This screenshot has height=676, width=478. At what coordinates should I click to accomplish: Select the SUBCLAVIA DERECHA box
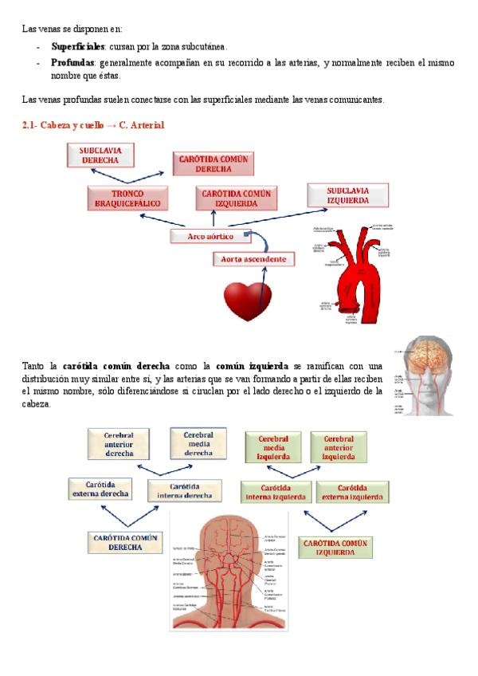(100, 155)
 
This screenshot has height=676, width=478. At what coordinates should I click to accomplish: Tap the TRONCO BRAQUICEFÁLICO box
(127, 198)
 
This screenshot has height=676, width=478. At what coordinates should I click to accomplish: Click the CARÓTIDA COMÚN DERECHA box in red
(214, 164)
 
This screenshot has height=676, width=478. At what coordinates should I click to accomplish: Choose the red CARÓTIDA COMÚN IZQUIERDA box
(237, 198)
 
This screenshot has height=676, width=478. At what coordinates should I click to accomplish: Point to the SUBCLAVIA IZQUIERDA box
(348, 195)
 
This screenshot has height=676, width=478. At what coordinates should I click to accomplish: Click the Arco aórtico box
(210, 236)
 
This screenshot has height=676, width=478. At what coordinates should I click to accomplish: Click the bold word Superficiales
(78, 47)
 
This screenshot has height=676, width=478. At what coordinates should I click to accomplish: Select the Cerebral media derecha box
(198, 444)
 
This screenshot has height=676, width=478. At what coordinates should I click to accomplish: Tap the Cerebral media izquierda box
(272, 448)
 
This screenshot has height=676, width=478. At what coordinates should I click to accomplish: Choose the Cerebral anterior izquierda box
(338, 448)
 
